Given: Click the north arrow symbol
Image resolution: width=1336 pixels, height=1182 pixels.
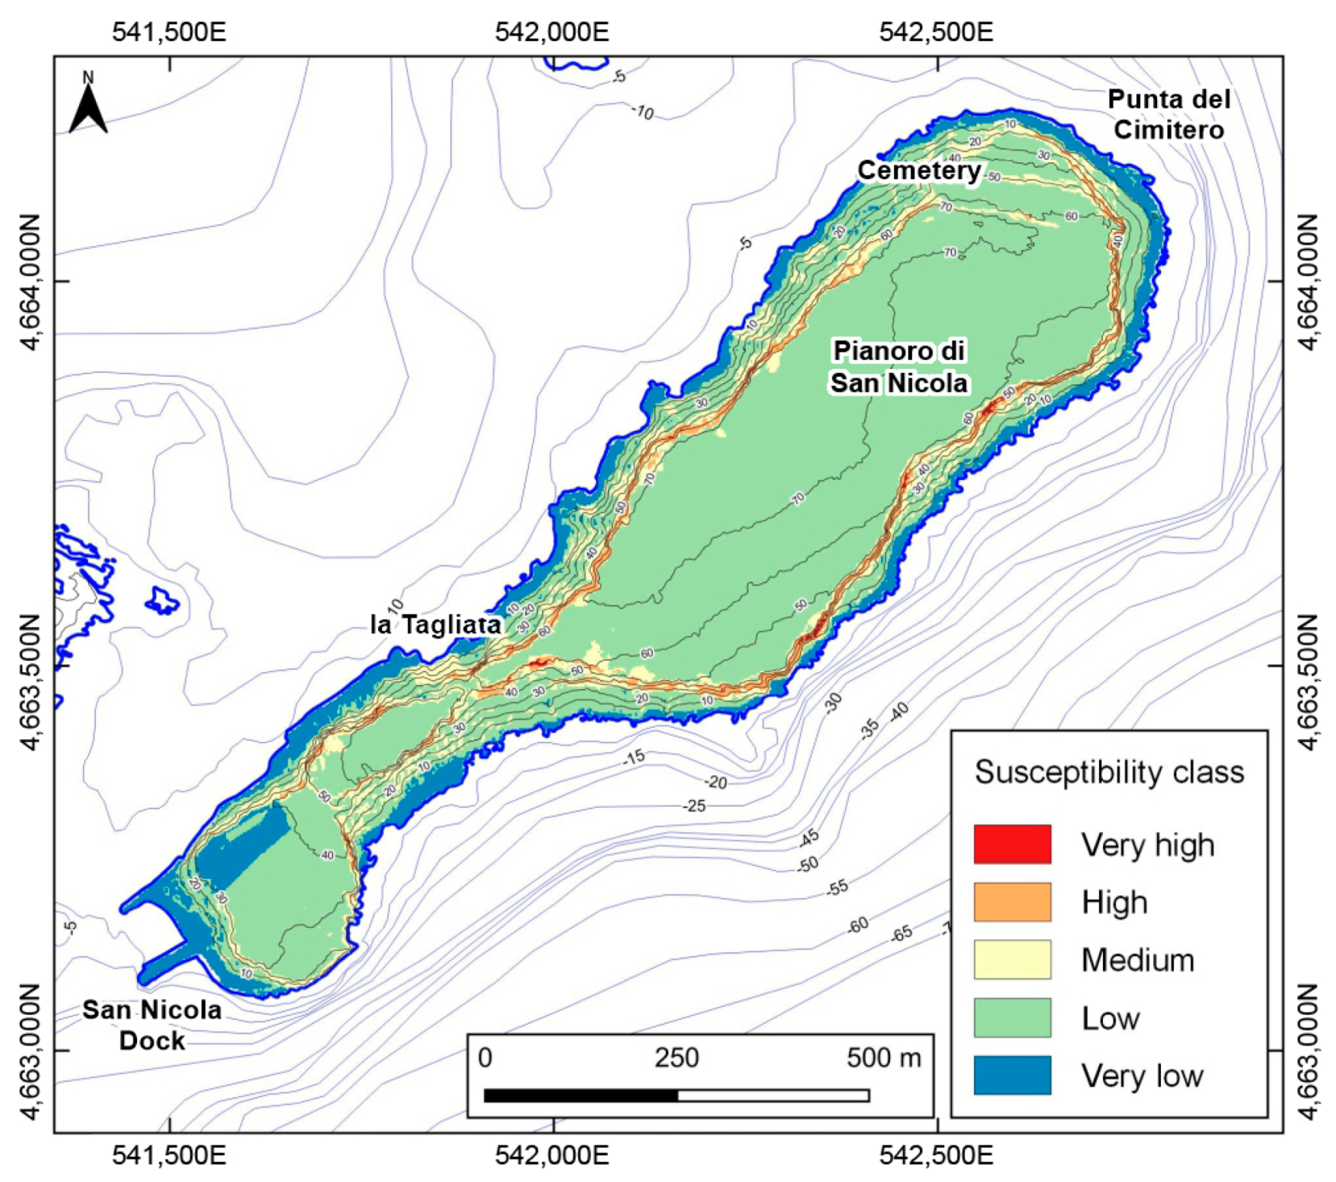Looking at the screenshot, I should tap(88, 105).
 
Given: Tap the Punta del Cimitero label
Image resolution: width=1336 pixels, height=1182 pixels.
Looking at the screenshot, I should tap(1168, 115).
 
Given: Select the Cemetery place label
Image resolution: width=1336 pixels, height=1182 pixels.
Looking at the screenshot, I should tap(918, 170).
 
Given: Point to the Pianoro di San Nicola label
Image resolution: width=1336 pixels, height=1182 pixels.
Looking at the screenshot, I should tap(899, 367).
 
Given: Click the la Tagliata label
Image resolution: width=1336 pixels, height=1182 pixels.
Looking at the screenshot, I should tap(435, 624).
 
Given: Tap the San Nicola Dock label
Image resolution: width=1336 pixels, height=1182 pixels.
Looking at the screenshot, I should tap(152, 1025).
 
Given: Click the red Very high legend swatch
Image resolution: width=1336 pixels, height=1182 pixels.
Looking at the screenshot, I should tap(1012, 845).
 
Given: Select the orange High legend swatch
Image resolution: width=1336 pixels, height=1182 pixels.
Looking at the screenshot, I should tap(1012, 902).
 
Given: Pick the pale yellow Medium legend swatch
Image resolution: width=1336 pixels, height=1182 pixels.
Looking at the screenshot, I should tap(1012, 960).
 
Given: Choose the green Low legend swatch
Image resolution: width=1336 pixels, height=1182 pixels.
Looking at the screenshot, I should tap(1012, 1018).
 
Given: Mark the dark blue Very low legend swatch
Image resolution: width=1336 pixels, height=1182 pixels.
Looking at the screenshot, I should tap(1012, 1075).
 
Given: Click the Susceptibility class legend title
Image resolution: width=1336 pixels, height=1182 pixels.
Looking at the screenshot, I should tap(1109, 772).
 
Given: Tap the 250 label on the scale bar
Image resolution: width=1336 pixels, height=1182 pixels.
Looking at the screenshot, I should tap(676, 1058).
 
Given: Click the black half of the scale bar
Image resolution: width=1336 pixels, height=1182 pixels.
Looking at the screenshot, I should tap(581, 1095).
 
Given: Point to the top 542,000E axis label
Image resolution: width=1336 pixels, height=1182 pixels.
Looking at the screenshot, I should tap(552, 32).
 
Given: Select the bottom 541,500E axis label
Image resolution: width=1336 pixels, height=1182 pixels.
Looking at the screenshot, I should tap(169, 1155).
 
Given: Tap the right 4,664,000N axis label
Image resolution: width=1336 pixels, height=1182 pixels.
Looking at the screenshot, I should tap(1308, 282).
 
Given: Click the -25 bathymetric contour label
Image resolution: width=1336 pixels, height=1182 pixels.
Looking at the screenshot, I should tap(694, 806).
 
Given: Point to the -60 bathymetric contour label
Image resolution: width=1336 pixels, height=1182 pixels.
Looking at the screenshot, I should tap(858, 925).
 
